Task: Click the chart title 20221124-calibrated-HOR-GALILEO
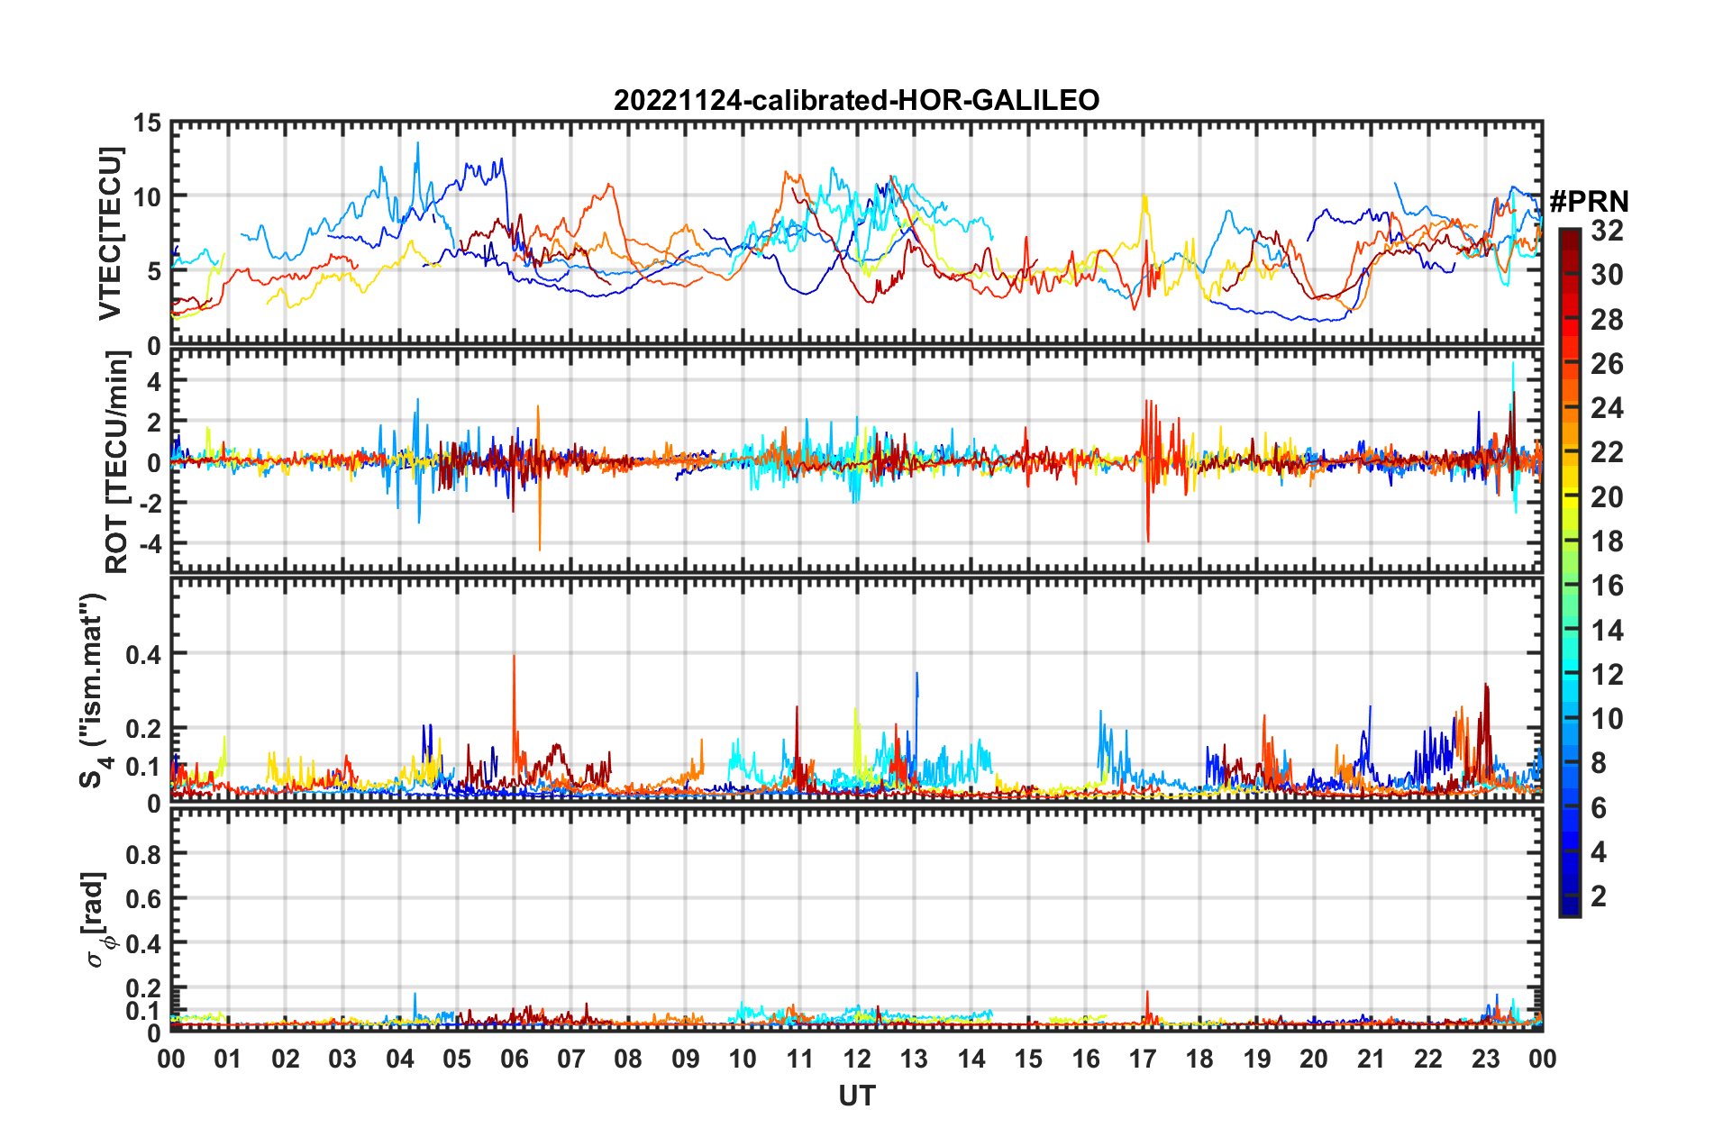856,100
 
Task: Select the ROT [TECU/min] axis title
117,462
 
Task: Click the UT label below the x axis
856,1096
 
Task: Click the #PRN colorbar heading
1589,201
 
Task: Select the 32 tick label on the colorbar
1606,231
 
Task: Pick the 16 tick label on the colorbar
1606,586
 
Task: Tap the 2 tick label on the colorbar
1599,896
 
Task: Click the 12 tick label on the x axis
856,1059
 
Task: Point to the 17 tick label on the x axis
1142,1059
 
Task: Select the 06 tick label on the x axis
514,1059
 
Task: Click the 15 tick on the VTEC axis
148,123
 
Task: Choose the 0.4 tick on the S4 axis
142,654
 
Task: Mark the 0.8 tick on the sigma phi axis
142,854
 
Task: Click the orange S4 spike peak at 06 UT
514,657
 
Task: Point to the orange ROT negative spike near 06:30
540,549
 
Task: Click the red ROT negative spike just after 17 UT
1148,541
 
